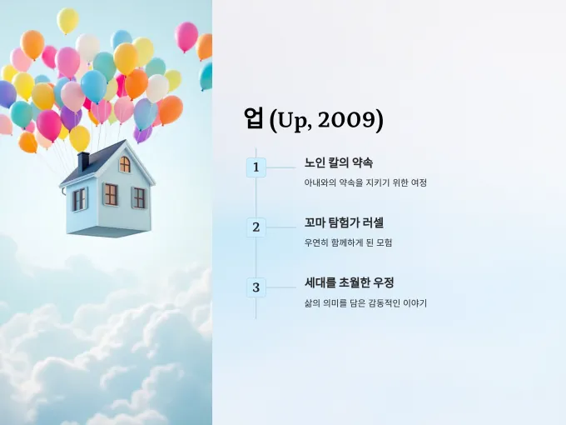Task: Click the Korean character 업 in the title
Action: (x=253, y=118)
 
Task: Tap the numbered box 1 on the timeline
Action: (x=256, y=167)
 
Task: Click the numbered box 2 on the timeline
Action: (x=256, y=227)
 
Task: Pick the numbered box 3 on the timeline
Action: (x=256, y=287)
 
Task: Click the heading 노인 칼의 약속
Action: (x=339, y=162)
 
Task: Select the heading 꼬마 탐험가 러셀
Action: (x=344, y=222)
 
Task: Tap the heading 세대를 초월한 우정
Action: (x=349, y=282)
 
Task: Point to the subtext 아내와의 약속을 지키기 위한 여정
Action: (x=365, y=182)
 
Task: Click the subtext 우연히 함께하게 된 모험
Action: (x=348, y=242)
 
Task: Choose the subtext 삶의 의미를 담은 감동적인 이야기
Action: (x=365, y=302)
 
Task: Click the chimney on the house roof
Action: (x=83, y=161)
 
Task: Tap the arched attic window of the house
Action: (x=125, y=164)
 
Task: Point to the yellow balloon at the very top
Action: (x=67, y=21)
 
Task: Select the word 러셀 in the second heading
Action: (x=373, y=222)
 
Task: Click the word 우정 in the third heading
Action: (x=384, y=282)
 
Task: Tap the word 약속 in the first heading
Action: (x=362, y=162)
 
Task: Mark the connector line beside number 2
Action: (x=281, y=227)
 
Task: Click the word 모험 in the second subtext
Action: (x=384, y=242)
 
